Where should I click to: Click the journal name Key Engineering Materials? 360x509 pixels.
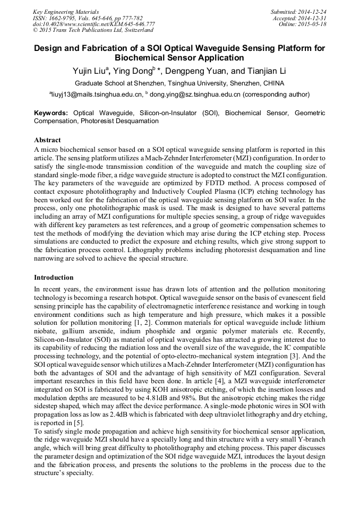click(x=66, y=11)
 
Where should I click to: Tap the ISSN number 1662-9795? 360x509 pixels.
click(x=66, y=18)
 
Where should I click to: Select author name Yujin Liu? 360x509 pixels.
click(x=92, y=71)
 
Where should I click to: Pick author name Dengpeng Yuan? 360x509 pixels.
click(x=190, y=71)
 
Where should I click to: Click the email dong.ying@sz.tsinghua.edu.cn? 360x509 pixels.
click(x=195, y=94)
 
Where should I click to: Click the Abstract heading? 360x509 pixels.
click(x=47, y=140)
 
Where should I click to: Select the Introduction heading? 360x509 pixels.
click(x=54, y=278)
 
